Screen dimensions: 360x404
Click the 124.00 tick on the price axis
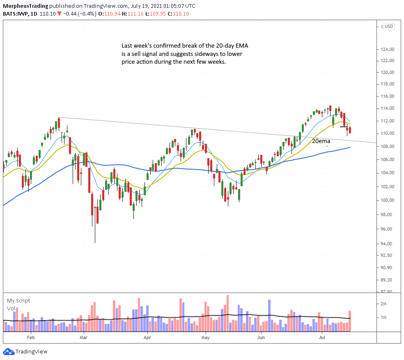pyautogui.click(x=388, y=49)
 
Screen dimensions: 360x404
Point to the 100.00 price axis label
pyautogui.click(x=388, y=200)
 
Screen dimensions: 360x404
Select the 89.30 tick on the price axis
pyautogui.click(x=388, y=280)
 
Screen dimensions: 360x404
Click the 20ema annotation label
pyautogui.click(x=321, y=141)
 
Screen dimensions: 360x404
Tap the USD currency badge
pyautogui.click(x=389, y=27)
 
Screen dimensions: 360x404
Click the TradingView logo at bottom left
pyautogui.click(x=25, y=352)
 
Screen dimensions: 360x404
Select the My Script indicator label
pyautogui.click(x=18, y=301)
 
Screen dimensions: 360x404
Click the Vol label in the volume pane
pyautogui.click(x=11, y=308)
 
